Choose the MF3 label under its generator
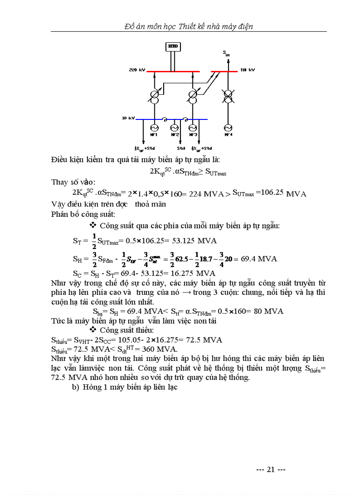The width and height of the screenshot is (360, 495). click(x=192, y=134)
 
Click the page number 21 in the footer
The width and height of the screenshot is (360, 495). click(x=271, y=469)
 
